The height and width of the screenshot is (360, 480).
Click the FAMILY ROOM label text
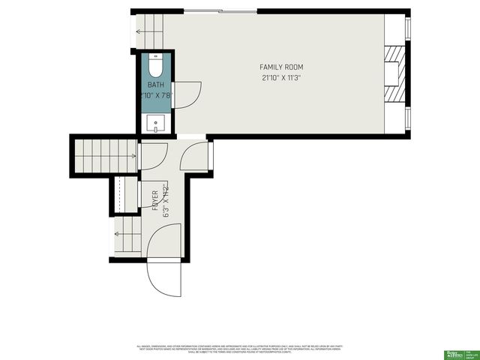point(281,67)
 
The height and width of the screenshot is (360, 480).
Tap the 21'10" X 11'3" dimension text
point(281,77)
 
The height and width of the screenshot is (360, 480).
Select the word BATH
point(155,85)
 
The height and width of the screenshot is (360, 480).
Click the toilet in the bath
point(156,68)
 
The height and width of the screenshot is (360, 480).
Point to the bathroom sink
point(156,122)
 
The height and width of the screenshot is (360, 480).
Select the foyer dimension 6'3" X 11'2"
point(165,200)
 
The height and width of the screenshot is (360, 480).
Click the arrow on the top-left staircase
point(139,31)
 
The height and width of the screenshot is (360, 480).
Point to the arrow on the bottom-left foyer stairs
point(118,235)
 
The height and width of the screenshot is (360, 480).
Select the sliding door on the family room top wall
point(221,11)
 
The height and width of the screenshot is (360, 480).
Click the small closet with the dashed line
point(124,194)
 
